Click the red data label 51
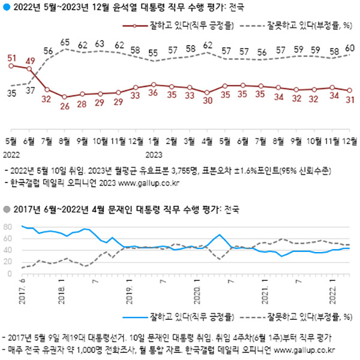pos(11,58)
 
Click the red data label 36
pos(154,94)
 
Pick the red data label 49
pos(29,60)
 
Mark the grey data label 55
pos(154,52)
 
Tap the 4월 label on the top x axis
pos(207,142)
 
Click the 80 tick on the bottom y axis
pos(8,227)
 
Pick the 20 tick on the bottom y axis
pos(8,262)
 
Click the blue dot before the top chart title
pos(6,7)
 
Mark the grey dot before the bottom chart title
pos(6,210)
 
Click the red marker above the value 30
pos(207,92)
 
